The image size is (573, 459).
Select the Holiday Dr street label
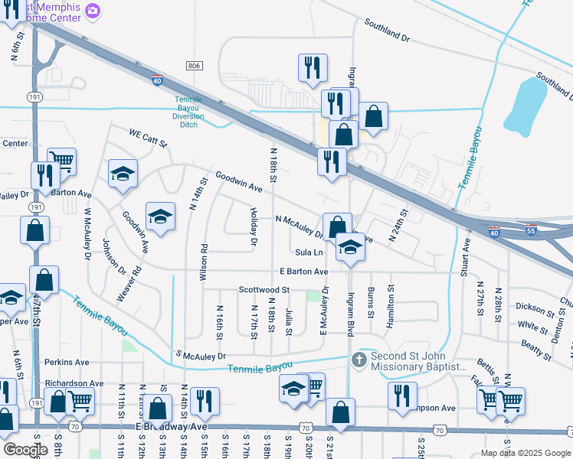click(254, 226)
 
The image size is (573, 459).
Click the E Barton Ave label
click(303, 272)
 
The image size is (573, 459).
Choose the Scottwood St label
click(264, 290)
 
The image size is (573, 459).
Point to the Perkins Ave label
click(67, 362)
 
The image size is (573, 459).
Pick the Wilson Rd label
click(204, 263)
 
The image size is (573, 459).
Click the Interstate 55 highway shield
click(532, 229)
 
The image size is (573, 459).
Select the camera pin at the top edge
click(93, 10)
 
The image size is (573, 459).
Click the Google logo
click(25, 450)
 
